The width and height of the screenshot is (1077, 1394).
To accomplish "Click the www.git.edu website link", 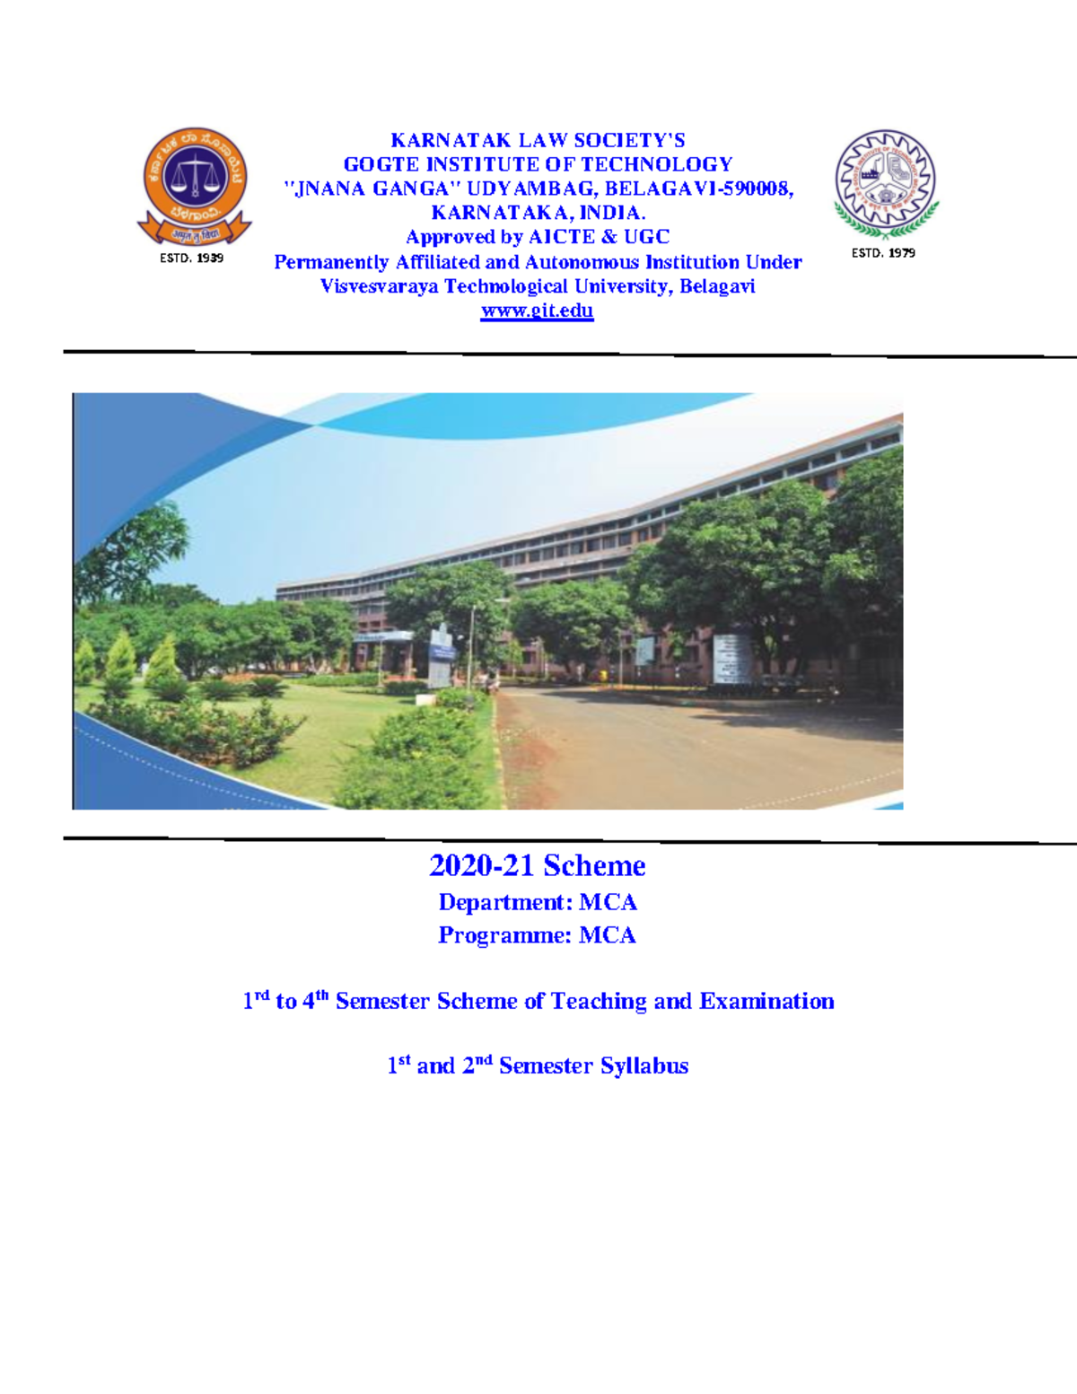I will tap(537, 311).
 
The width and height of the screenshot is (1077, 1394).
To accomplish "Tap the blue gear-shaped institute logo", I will tap(885, 182).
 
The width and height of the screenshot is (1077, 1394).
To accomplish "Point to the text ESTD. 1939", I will tap(191, 258).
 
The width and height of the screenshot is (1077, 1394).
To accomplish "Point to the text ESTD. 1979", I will tap(883, 253).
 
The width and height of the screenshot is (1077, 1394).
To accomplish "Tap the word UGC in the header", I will tap(647, 237).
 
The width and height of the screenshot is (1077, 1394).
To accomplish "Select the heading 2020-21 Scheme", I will tap(537, 865).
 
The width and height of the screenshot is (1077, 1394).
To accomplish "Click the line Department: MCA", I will tap(537, 902).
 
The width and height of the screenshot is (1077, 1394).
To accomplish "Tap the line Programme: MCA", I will tap(537, 935).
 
